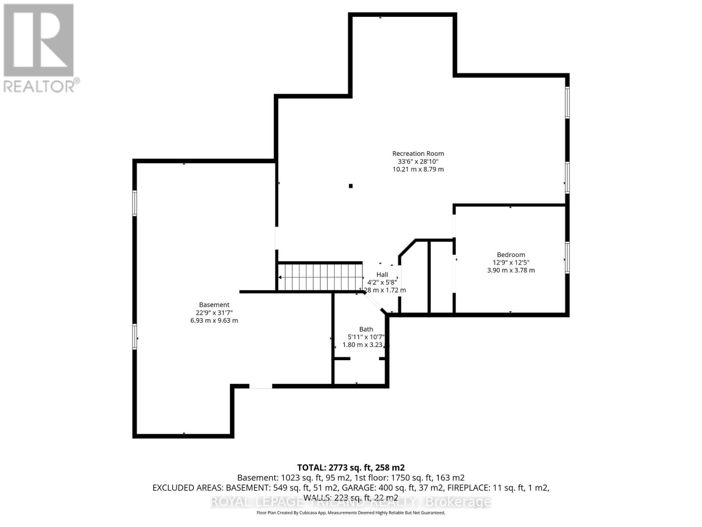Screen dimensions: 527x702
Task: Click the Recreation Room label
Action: (x=418, y=153)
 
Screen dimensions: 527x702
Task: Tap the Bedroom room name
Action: (x=511, y=255)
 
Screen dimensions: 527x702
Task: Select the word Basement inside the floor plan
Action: (x=214, y=305)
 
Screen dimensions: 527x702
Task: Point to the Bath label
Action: (x=366, y=329)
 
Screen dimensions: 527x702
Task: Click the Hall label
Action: (x=382, y=274)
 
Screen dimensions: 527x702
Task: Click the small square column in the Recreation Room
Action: (x=351, y=186)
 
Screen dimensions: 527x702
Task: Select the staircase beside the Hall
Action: (x=320, y=277)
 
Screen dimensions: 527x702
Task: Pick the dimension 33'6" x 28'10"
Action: (x=418, y=161)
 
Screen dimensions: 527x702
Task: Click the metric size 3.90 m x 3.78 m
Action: (x=511, y=271)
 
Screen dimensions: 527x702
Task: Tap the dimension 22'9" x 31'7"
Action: (x=214, y=313)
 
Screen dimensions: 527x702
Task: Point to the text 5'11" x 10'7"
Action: (x=366, y=337)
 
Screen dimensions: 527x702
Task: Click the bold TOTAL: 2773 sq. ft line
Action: (x=351, y=468)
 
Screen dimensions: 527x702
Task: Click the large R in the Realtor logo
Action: (x=39, y=40)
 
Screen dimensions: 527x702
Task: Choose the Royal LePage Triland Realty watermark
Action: (x=351, y=502)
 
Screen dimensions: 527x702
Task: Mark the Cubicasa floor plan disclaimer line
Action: (x=351, y=513)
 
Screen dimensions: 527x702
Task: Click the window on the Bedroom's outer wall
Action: (x=567, y=258)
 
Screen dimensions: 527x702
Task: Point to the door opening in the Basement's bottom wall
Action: (x=261, y=386)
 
